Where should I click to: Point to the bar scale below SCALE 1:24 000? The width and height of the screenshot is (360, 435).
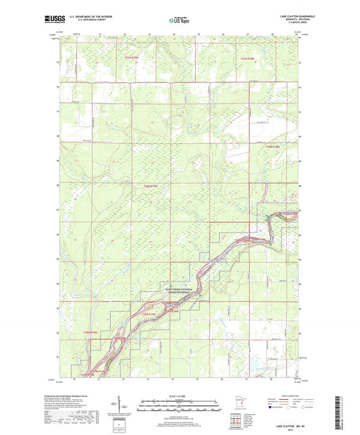(180, 406)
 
